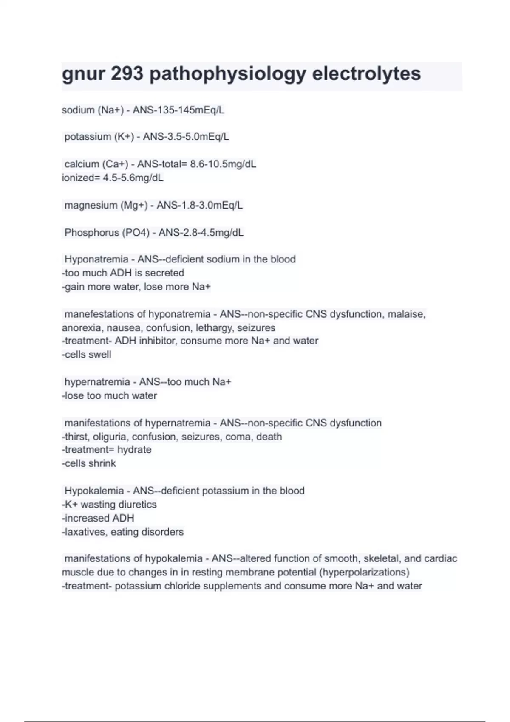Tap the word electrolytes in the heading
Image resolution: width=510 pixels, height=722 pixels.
(x=366, y=74)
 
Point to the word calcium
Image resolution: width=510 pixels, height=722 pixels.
(x=82, y=164)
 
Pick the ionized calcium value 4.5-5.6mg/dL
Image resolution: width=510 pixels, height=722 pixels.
(x=133, y=178)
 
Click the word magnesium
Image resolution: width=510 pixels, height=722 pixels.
(x=91, y=206)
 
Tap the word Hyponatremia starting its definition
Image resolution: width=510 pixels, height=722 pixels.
(x=96, y=259)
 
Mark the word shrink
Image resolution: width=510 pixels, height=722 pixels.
(x=102, y=463)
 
